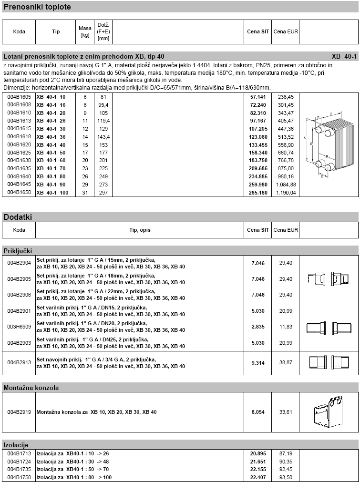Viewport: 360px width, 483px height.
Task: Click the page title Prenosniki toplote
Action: coord(37,7)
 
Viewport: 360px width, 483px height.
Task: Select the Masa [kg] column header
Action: coord(85,31)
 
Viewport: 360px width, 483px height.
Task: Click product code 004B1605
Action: coord(19,96)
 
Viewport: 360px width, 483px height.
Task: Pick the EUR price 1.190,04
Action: coord(286,193)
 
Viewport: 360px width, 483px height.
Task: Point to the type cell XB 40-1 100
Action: coord(52,193)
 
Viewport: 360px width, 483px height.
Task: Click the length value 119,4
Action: coord(103,121)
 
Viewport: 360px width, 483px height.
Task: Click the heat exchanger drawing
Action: coord(329,145)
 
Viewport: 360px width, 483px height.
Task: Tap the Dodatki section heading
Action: coord(18,217)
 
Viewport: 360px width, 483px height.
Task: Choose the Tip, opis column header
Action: coord(140,230)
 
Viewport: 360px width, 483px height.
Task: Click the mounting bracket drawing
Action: coord(329,412)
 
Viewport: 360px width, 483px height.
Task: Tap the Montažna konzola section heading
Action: coord(31,388)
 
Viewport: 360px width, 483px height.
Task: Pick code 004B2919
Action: coord(19,412)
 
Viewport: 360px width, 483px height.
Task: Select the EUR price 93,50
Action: coord(286,477)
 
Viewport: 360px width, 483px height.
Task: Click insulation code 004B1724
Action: coord(19,461)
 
